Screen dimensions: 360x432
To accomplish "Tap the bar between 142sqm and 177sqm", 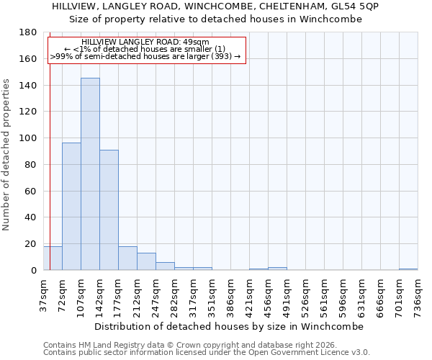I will [x=109, y=210].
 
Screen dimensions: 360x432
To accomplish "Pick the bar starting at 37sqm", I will [x=53, y=258].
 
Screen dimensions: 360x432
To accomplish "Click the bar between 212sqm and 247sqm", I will [x=146, y=261].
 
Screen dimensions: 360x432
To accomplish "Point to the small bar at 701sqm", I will [x=408, y=269].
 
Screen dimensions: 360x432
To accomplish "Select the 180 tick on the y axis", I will [x=29, y=32].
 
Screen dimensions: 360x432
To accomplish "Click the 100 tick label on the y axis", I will [x=29, y=138].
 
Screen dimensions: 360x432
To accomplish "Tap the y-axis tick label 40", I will [x=32, y=217].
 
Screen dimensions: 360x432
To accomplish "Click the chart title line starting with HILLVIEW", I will [x=216, y=6].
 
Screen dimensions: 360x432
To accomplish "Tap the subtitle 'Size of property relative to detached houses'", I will [x=216, y=19].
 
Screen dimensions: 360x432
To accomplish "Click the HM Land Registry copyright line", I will [x=179, y=345].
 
